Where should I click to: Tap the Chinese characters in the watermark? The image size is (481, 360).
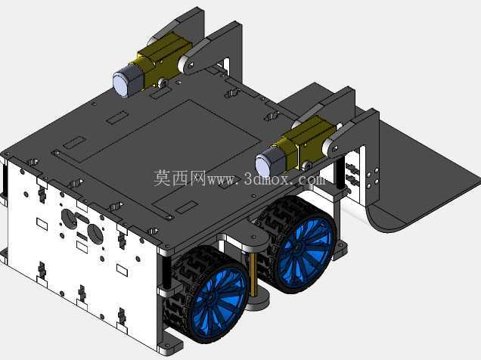[179, 178]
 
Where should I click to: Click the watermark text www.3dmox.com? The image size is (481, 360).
[265, 179]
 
